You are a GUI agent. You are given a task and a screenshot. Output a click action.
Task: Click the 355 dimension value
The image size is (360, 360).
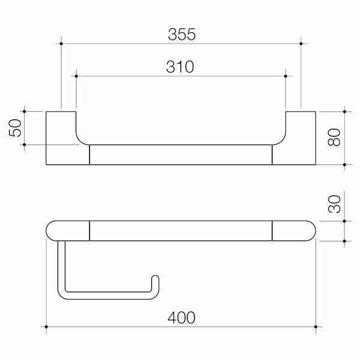(x=181, y=34)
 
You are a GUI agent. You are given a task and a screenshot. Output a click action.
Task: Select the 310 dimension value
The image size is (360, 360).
(x=179, y=67)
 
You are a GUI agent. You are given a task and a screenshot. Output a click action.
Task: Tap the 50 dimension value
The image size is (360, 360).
(x=16, y=127)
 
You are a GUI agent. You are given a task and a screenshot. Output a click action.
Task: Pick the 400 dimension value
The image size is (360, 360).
(x=181, y=318)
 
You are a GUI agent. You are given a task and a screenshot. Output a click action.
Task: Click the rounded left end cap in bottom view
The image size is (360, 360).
(x=66, y=230)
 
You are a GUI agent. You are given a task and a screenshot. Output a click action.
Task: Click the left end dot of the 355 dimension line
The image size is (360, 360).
(x=61, y=43)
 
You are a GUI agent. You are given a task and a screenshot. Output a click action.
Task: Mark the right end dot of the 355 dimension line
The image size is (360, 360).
(x=301, y=43)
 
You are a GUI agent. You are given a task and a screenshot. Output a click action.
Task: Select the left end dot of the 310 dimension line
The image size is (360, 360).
(x=77, y=76)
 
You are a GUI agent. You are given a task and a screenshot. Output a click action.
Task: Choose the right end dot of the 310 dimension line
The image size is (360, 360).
(x=286, y=76)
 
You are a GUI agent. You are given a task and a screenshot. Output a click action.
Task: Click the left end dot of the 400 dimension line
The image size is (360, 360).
(x=46, y=327)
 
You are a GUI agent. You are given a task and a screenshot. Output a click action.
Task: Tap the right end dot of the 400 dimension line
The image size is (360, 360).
(x=316, y=327)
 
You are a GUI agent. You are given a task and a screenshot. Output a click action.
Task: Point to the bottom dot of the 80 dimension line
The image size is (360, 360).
(x=345, y=165)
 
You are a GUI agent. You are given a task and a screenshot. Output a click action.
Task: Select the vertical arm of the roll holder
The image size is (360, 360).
(x=60, y=267)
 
